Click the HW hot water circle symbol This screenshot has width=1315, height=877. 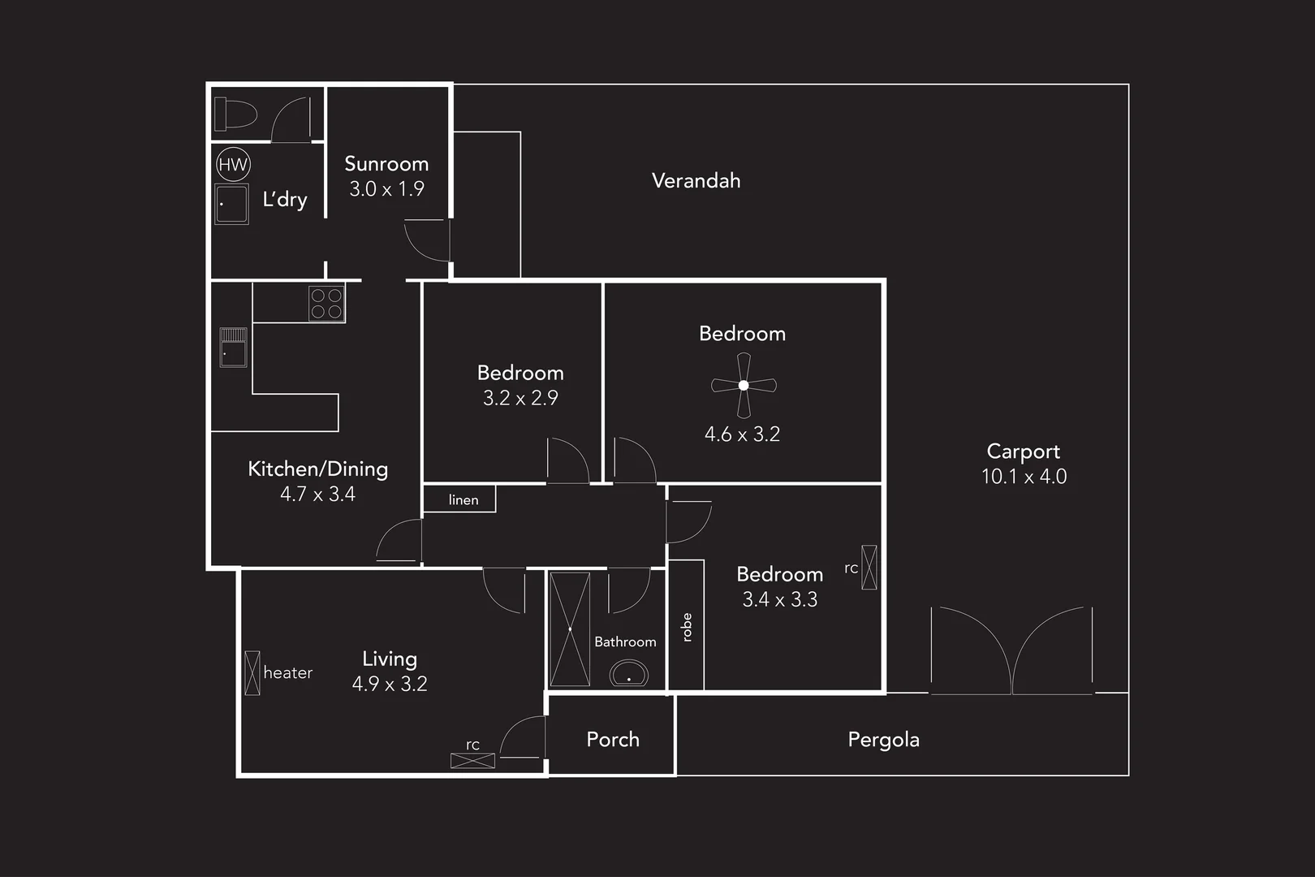(233, 165)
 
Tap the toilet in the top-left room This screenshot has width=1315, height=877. (235, 114)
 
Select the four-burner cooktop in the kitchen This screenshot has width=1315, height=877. (326, 304)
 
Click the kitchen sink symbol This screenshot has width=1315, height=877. (233, 348)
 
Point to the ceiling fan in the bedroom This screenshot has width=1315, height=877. (744, 385)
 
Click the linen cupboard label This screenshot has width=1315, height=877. (463, 500)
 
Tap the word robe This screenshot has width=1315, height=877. (687, 627)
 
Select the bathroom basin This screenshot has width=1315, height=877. (629, 673)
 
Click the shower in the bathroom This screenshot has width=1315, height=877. (570, 629)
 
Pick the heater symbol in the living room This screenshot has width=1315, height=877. (252, 672)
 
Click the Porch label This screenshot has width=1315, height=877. (613, 740)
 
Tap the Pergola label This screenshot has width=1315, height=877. (883, 740)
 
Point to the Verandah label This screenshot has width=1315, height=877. (696, 180)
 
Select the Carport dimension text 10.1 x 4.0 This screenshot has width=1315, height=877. (1024, 477)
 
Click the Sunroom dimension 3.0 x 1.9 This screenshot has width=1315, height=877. (386, 189)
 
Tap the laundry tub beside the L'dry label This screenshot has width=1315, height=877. (232, 204)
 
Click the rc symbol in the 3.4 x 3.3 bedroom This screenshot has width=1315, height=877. (869, 567)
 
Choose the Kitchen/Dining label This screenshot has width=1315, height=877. (317, 469)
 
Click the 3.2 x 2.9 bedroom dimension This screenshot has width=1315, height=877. (520, 398)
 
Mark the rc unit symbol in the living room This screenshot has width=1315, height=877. (472, 761)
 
